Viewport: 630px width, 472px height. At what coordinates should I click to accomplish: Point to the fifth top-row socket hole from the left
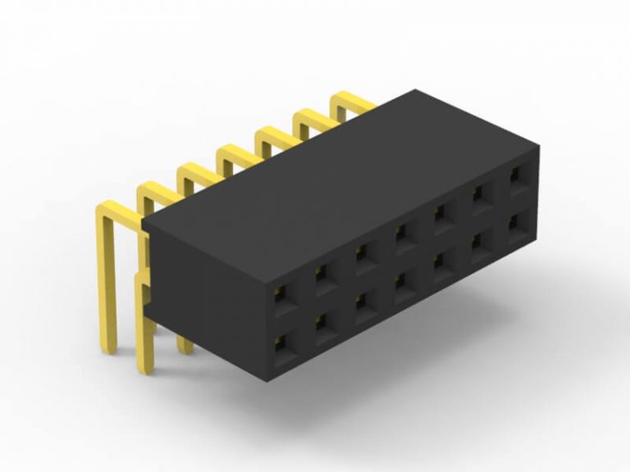(x=442, y=216)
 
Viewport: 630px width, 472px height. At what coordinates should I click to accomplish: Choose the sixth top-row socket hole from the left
(x=480, y=196)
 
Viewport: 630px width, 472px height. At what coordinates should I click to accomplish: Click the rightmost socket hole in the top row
(x=517, y=177)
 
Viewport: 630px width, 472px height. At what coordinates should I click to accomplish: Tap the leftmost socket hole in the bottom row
(x=286, y=347)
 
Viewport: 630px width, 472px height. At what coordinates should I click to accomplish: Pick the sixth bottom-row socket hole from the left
(x=480, y=243)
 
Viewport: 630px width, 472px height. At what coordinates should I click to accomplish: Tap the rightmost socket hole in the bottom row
(x=517, y=223)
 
